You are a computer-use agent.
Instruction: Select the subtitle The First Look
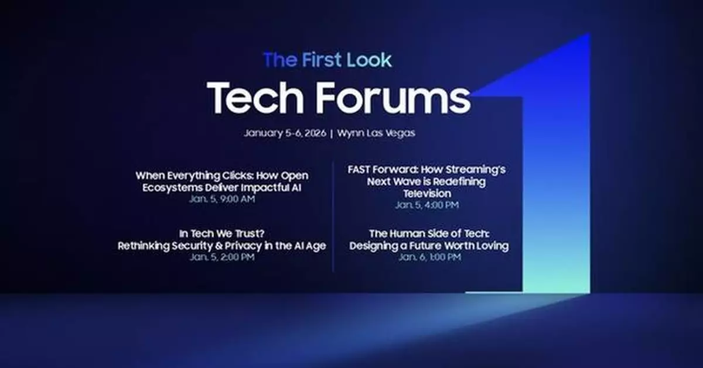[327, 60]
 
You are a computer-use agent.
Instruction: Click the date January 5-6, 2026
[285, 133]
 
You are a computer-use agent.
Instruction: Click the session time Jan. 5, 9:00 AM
[222, 199]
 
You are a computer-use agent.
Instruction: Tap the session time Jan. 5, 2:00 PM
[222, 257]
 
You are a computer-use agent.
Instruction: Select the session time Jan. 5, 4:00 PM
[426, 205]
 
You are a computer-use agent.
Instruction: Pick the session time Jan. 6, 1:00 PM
[429, 257]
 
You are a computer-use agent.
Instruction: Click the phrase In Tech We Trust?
[222, 234]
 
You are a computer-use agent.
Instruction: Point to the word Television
[426, 193]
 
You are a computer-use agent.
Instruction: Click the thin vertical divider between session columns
[333, 216]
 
